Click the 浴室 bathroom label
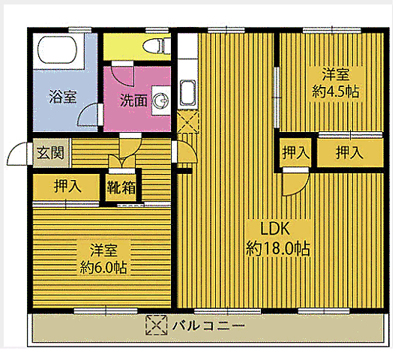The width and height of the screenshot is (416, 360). (61, 97)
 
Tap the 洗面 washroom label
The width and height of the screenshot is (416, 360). (133, 100)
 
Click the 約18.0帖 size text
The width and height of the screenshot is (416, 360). (279, 248)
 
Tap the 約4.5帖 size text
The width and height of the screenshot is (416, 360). (335, 91)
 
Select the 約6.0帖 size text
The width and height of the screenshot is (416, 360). (103, 266)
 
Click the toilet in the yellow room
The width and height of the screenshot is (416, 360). (154, 46)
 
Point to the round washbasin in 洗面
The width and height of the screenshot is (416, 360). (160, 99)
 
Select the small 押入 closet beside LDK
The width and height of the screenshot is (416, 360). (295, 153)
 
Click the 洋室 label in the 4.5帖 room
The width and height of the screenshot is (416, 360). (336, 75)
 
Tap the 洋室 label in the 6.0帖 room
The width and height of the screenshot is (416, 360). (103, 250)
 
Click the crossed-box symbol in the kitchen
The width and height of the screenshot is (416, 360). (187, 120)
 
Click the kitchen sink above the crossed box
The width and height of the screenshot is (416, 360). (187, 94)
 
